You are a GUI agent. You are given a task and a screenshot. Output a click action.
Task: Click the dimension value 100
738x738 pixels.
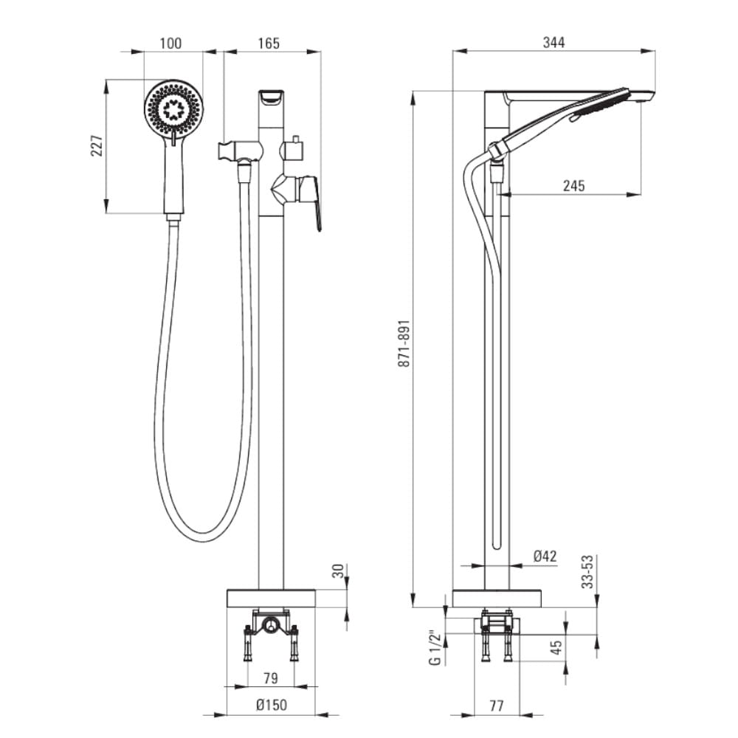170,44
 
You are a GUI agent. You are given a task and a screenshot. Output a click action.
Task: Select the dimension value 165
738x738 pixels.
269,44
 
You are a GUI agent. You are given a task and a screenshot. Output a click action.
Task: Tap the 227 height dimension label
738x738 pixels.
96,145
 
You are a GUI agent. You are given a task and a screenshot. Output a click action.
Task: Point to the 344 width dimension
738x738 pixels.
553,43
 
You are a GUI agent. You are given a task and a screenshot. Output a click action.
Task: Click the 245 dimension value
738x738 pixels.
573,186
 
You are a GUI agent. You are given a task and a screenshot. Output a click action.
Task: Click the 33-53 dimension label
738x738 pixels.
587,571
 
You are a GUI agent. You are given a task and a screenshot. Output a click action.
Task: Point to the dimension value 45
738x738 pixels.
557,647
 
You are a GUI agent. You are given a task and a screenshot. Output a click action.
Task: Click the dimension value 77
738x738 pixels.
496,706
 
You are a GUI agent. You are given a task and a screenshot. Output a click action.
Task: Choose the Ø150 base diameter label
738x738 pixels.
272,706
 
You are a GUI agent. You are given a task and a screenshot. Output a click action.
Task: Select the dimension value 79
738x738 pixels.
272,677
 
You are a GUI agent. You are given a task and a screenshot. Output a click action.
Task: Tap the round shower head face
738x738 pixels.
173,108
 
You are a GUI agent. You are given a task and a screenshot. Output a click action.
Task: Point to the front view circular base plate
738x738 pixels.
271,598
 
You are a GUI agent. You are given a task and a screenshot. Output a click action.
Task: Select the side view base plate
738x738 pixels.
497,598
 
